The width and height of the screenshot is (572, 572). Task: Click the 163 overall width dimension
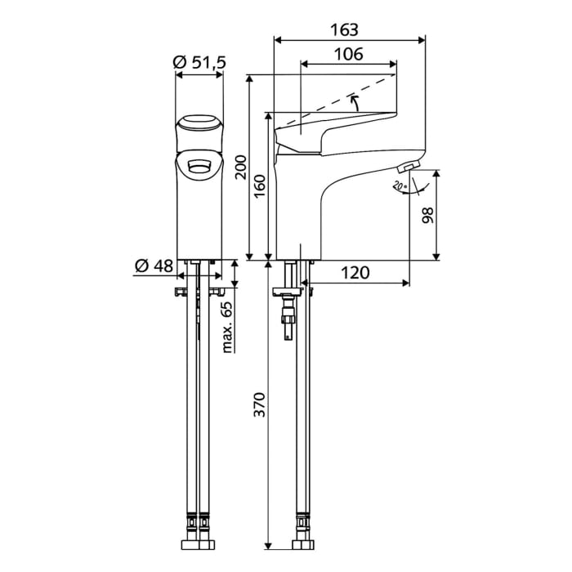pos(344,29)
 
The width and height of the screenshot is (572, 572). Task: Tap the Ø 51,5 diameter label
pos(199,62)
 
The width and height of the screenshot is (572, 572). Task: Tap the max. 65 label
pos(227,324)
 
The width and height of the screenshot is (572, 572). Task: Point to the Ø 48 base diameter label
pos(152,266)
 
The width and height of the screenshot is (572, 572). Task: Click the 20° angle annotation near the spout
pos(399,186)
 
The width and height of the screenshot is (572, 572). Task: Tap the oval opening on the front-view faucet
pos(199,166)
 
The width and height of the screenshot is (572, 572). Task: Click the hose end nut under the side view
pos(300,543)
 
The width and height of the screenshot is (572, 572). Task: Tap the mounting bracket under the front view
pos(199,291)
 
